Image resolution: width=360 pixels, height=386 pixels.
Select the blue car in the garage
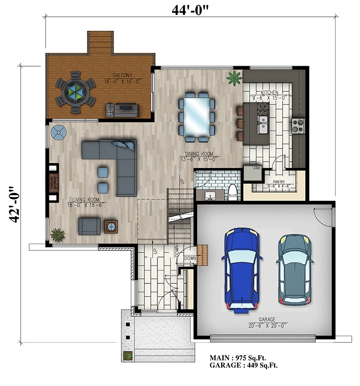pyautogui.click(x=241, y=270)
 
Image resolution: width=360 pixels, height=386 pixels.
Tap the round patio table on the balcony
pyautogui.click(x=75, y=92)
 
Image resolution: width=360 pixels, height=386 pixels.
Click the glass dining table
pyautogui.click(x=196, y=117)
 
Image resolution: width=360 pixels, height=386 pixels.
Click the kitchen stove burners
pyautogui.click(x=298, y=125)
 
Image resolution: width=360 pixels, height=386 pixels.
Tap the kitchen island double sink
pyautogui.click(x=263, y=124)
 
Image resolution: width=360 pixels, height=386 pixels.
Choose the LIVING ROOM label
pyautogui.click(x=85, y=199)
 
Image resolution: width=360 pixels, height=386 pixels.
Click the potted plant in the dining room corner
pyautogui.click(x=235, y=77)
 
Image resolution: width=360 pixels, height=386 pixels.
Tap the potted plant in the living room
pyautogui.click(x=58, y=234)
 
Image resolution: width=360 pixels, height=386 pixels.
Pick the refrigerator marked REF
pyautogui.click(x=251, y=171)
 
